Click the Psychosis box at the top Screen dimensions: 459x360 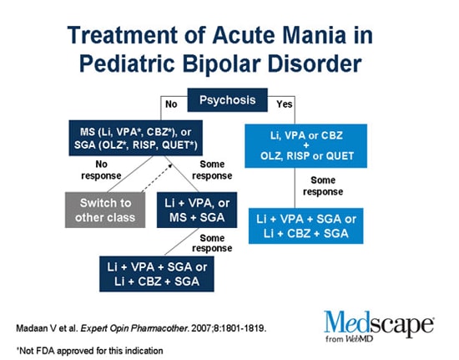coord(228,100)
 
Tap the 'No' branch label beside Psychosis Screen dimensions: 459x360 coord(171,104)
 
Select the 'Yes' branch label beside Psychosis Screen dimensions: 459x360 coord(285,104)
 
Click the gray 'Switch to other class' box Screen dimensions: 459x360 coord(105,210)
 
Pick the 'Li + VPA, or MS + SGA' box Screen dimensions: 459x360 coord(197,210)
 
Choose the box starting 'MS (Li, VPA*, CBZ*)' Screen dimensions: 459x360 coord(135,138)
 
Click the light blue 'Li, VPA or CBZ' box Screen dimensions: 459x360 coord(306,146)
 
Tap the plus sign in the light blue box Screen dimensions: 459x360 coord(306,145)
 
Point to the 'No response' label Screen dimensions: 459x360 coord(101,170)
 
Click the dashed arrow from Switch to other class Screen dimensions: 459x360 coord(157,178)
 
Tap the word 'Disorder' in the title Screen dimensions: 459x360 coord(315,63)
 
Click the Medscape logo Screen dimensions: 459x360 coord(379,324)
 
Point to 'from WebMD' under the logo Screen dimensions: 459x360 coord(350,339)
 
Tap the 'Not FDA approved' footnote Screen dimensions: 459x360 coord(89,351)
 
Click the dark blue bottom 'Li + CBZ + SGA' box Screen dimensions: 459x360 coord(157,274)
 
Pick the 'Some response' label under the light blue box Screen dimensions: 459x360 coord(323,185)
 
